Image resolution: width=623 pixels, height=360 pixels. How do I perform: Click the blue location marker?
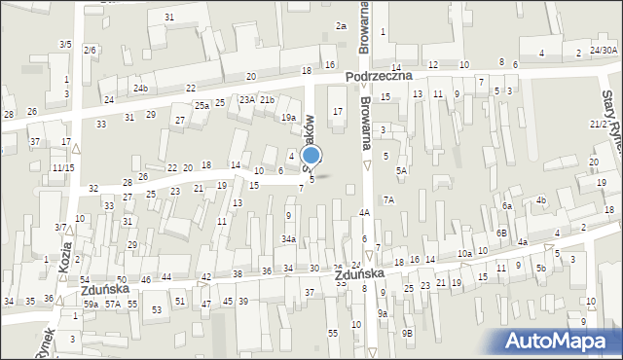click(311, 156)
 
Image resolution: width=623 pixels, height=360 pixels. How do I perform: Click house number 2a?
click(341, 25)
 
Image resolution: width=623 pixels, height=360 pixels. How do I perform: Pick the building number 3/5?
click(65, 44)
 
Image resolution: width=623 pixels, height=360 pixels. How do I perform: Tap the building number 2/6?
click(90, 50)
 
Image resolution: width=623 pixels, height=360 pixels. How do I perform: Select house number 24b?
click(141, 89)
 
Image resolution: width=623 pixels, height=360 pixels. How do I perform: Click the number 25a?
click(202, 105)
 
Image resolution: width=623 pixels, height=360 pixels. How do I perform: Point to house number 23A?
click(247, 99)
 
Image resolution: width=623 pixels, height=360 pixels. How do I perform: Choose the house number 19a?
click(289, 118)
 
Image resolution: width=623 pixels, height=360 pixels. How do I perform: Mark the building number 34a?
click(289, 238)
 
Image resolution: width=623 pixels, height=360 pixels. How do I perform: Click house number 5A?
click(400, 170)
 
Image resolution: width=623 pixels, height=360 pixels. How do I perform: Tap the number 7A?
click(388, 199)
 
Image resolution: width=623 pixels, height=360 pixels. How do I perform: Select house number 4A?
click(364, 212)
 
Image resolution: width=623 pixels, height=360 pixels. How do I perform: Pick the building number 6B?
click(500, 233)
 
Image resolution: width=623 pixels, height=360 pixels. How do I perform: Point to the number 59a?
click(91, 305)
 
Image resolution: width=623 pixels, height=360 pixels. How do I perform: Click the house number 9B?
click(409, 333)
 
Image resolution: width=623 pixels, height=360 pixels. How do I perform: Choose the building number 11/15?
click(63, 167)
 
